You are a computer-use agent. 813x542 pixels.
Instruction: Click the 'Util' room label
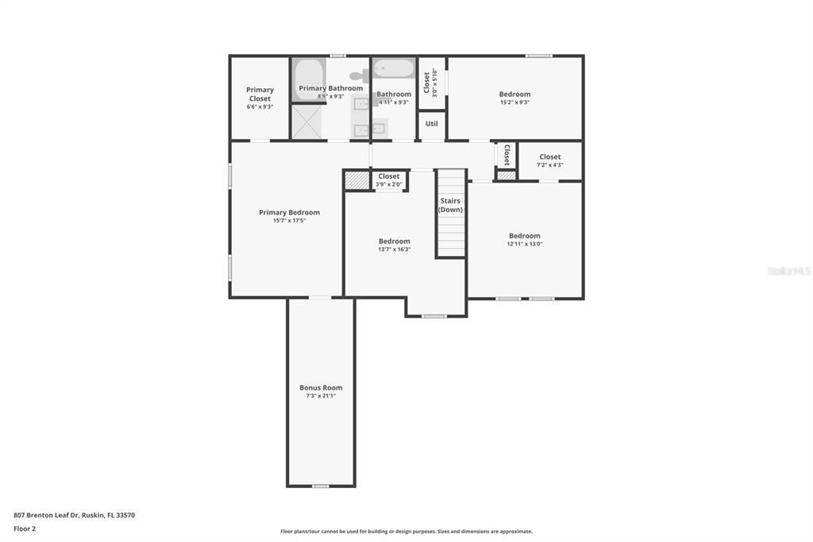[432, 124]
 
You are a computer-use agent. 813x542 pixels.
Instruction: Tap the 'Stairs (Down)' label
[450, 205]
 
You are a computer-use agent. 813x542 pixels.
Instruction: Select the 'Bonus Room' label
[321, 388]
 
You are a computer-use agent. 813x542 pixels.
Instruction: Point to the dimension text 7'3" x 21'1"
[321, 396]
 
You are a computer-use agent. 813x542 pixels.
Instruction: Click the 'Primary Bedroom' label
[289, 212]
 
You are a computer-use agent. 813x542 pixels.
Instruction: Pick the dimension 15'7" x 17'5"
[289, 221]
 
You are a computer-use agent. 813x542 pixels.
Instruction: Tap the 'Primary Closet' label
[260, 94]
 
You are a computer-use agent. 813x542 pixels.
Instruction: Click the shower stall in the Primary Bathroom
[306, 122]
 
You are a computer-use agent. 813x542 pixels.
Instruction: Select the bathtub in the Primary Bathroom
[308, 79]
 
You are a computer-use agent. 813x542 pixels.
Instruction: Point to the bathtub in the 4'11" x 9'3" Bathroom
[394, 68]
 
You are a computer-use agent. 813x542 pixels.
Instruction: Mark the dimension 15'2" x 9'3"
[514, 103]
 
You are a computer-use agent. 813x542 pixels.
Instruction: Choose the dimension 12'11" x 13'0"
[525, 244]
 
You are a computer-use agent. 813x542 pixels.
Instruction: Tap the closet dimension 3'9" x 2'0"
[389, 184]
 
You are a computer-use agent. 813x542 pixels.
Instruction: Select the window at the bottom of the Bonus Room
[320, 486]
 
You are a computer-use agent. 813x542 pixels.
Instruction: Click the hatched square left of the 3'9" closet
[357, 181]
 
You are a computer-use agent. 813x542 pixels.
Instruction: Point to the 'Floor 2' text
[25, 528]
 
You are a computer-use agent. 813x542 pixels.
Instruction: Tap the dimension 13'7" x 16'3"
[395, 250]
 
